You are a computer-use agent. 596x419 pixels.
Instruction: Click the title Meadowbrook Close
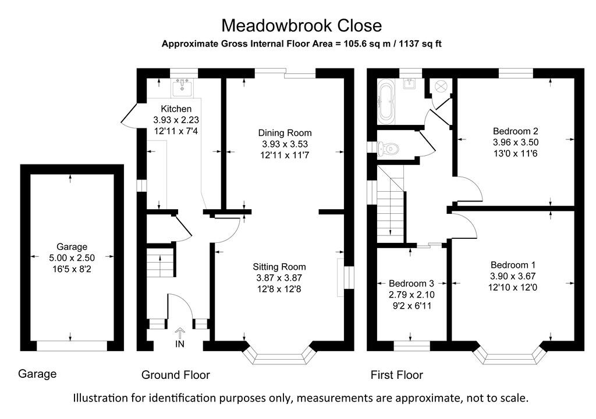pos(301,26)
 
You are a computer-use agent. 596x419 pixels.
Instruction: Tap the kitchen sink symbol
pos(182,87)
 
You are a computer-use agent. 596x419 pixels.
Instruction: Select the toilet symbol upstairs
pos(389,150)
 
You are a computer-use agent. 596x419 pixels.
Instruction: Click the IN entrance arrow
pos(180,334)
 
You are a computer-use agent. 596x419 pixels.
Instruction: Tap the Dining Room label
pos(285,133)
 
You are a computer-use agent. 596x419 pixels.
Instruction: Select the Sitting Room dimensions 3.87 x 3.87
pos(277,278)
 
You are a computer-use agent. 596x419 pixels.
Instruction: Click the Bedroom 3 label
pos(411,284)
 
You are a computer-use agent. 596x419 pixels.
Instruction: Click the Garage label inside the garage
pos(72,246)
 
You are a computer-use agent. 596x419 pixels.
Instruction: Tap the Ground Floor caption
pos(175,375)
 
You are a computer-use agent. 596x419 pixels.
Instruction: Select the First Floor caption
pos(396,375)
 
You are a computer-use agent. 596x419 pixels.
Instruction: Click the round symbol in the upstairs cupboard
pos(439,85)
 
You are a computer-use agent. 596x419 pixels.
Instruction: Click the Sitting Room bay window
pos(281,356)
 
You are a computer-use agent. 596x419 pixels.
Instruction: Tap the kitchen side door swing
pos(130,115)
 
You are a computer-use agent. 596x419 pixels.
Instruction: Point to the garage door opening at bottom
pos(72,346)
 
